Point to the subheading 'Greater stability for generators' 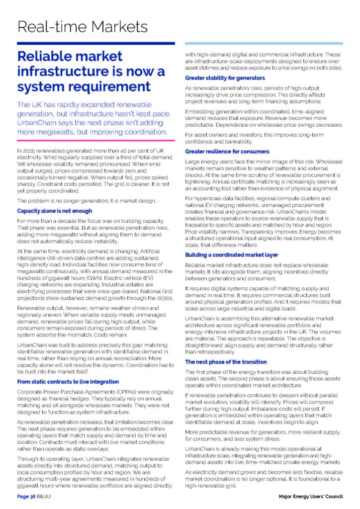[x=225, y=78]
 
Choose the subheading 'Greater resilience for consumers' [x=227, y=151]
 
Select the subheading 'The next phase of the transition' [x=226, y=362]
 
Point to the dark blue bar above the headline [x=96, y=43]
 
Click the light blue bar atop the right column [x=264, y=43]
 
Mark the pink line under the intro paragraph [x=96, y=141]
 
